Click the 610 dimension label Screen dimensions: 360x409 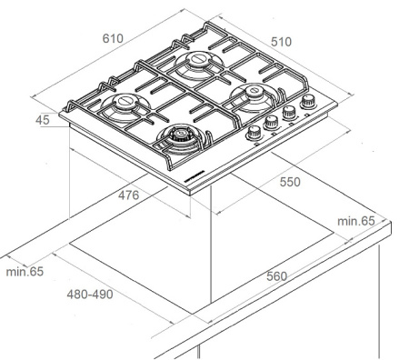(112, 39)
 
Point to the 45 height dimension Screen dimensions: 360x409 (42, 118)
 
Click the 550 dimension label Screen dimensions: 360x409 (289, 182)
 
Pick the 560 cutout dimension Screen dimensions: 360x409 (280, 276)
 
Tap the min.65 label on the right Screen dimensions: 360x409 (355, 221)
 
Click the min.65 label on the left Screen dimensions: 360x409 (25, 271)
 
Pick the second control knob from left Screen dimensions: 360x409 (273, 122)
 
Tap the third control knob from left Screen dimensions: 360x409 (290, 113)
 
